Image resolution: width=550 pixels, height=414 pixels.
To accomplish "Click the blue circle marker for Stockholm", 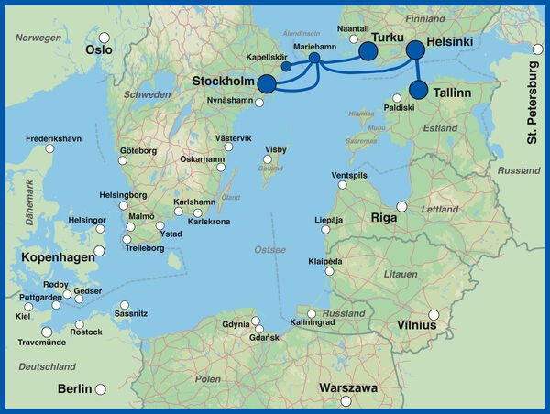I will (x=267, y=84).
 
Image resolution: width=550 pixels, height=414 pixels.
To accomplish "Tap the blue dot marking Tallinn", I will (x=418, y=90).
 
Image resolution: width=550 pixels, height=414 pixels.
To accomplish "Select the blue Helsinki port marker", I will (x=415, y=49).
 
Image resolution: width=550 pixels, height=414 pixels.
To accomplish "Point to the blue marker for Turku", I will (x=368, y=51).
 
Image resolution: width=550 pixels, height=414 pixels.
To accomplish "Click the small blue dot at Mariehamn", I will (x=314, y=59).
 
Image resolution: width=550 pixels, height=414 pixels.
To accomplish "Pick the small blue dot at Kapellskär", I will (x=286, y=67).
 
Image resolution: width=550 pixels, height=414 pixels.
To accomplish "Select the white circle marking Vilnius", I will (x=434, y=316).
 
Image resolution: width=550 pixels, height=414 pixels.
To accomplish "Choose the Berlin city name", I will (x=74, y=388).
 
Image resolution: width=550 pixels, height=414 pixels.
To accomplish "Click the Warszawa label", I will (x=347, y=388).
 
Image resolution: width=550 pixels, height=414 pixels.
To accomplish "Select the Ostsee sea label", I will (x=269, y=249).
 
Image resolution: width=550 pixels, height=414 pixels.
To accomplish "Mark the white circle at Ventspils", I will (x=343, y=184).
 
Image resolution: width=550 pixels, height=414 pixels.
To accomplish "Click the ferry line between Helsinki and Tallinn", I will (x=417, y=70).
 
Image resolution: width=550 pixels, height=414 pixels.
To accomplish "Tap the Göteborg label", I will (x=139, y=150).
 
